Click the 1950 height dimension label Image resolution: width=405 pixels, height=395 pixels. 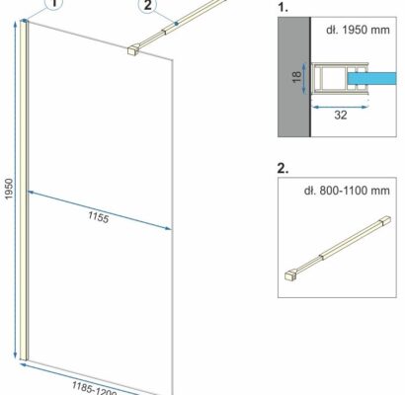(9, 189)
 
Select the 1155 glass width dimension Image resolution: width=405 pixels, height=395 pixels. (98, 217)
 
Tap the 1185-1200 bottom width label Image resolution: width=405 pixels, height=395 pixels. (94, 389)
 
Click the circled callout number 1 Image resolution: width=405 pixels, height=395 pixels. (55, 5)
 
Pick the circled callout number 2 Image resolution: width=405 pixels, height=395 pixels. (148, 5)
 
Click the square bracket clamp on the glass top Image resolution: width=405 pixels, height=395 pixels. (133, 50)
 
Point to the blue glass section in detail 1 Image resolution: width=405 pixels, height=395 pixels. (371, 78)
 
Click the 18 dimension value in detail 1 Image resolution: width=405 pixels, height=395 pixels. (296, 77)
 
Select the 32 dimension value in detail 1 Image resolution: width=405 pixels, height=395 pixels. (341, 115)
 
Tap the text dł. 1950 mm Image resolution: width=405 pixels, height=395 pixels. (358, 30)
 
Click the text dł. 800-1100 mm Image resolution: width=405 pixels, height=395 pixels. (347, 191)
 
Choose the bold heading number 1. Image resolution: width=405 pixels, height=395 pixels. (283, 7)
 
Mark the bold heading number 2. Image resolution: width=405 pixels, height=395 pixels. (283, 168)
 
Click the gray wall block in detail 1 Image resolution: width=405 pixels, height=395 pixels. (294, 77)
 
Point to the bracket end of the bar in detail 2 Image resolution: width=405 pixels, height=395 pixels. (290, 276)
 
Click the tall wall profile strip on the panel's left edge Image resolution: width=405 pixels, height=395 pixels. (24, 190)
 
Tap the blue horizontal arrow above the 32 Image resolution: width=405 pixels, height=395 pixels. (340, 107)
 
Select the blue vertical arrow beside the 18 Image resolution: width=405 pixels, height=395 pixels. (304, 78)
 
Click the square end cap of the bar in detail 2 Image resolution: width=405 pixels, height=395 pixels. (386, 220)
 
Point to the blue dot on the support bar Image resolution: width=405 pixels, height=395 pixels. (177, 24)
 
